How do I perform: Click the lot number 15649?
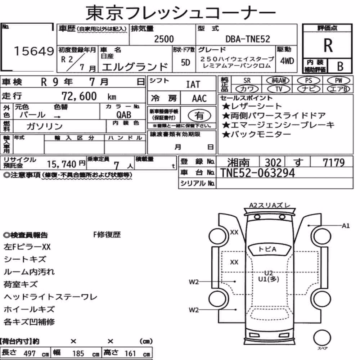tap(34, 51)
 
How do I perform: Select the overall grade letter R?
tap(328, 45)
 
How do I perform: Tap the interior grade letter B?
tap(340, 66)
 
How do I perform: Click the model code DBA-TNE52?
tap(248, 39)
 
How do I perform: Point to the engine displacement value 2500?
tap(164, 39)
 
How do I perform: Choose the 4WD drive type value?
tap(287, 61)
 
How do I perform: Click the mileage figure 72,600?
tap(79, 96)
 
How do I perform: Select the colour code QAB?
tap(124, 114)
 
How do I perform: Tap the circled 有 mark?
tap(199, 116)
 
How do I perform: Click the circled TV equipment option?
tap(279, 89)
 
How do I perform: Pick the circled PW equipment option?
tap(338, 80)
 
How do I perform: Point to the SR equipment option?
tap(247, 80)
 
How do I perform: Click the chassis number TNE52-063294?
tap(257, 173)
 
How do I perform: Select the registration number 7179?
tap(334, 163)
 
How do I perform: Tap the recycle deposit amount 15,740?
tap(62, 164)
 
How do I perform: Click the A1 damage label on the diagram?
tap(346, 226)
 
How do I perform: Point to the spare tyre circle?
tap(322, 338)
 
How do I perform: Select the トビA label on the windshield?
tap(267, 249)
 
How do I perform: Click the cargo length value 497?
tap(30, 353)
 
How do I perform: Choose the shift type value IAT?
tap(193, 84)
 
